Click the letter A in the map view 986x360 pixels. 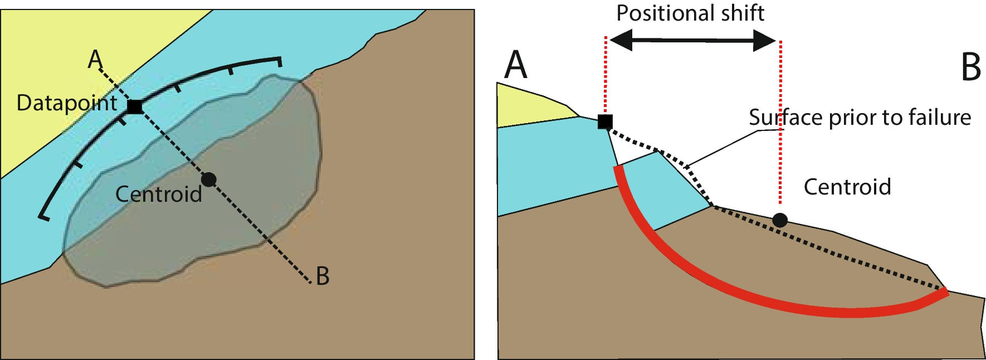[x=95, y=59]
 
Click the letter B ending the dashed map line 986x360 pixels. [x=323, y=276]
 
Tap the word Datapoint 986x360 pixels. [x=67, y=103]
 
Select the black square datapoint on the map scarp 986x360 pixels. [x=134, y=106]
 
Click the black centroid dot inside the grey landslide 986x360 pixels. [x=208, y=179]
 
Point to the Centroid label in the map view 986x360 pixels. [x=158, y=194]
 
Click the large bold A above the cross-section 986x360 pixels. [x=515, y=65]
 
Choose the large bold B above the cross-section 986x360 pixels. [x=970, y=67]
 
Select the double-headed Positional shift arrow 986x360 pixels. [x=692, y=40]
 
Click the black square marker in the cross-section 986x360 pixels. [x=605, y=121]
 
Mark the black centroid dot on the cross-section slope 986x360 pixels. [x=780, y=220]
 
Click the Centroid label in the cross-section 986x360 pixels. [x=847, y=187]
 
